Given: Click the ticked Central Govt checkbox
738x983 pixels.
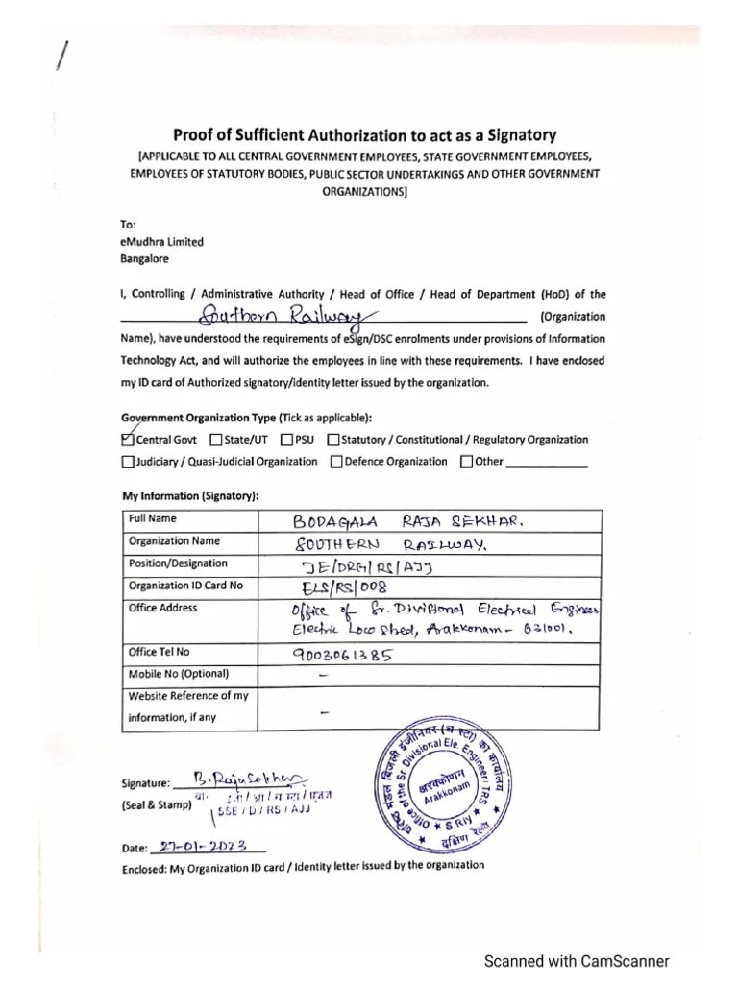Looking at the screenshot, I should click(128, 441).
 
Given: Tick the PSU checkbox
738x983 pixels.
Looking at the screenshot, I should click(287, 441).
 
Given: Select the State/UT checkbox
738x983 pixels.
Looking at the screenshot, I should click(215, 441).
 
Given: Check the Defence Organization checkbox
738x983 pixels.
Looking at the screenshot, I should click(336, 462).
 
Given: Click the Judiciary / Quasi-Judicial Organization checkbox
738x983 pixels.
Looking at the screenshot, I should click(128, 462).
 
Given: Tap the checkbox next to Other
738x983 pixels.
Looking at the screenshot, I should click(467, 462).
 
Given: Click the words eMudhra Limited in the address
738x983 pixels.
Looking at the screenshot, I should click(161, 243).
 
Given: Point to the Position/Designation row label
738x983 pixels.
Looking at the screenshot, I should click(178, 563).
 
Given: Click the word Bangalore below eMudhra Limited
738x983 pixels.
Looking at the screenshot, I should click(144, 258).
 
